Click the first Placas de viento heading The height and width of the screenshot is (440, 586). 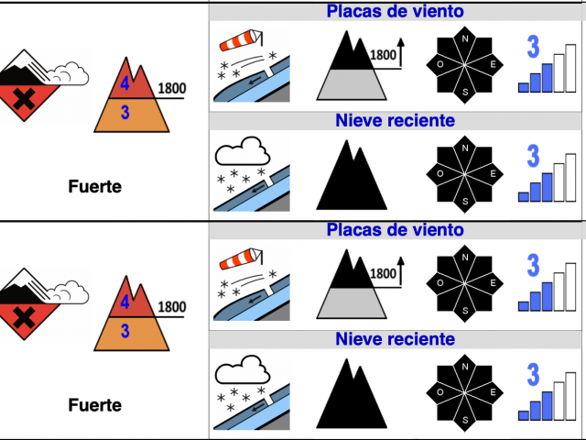click(395, 12)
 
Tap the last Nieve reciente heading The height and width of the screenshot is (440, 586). click(395, 340)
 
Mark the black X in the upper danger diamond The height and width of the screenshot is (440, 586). click(26, 98)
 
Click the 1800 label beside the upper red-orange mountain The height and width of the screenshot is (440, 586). click(172, 89)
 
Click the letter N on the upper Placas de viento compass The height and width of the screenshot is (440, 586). click(465, 38)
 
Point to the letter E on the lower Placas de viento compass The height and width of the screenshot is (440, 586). click(494, 283)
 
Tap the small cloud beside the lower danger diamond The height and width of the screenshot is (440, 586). click(72, 291)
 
